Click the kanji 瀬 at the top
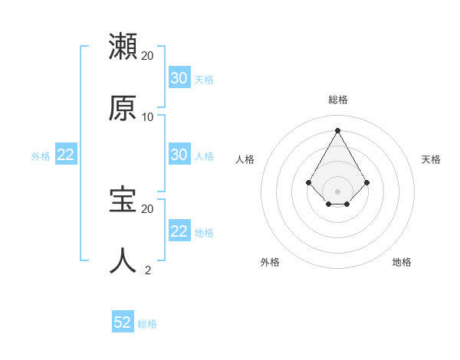tap(123, 47)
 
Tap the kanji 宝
tap(123, 199)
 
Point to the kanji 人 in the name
tap(123, 260)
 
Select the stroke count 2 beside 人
tap(148, 270)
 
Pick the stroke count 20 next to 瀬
tap(147, 56)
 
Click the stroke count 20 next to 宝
tap(147, 208)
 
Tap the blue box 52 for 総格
tap(123, 322)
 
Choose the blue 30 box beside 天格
tap(179, 77)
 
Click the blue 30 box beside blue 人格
tap(179, 154)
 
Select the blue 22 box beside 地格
tap(179, 231)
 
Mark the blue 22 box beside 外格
tap(66, 154)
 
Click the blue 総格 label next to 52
tap(147, 324)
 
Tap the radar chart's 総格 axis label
tap(338, 100)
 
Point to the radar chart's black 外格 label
tap(270, 262)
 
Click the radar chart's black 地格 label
tap(402, 262)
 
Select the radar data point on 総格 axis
tap(338, 130)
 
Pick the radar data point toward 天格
tap(367, 182)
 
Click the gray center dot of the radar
tap(338, 191)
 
